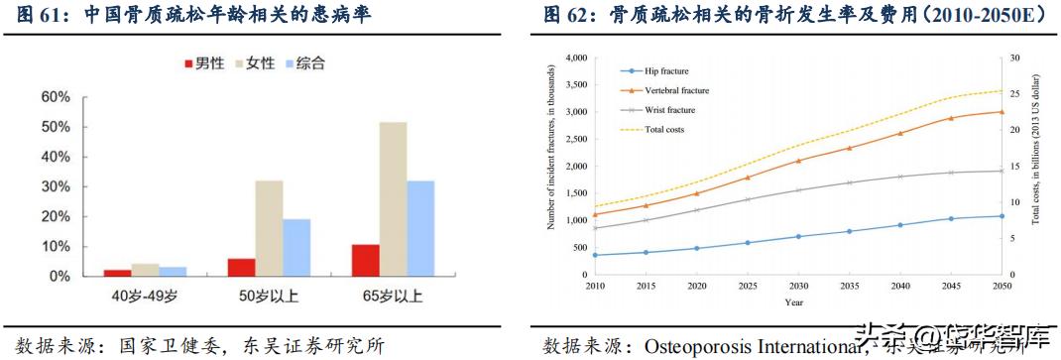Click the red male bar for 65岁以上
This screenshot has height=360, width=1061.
click(x=366, y=260)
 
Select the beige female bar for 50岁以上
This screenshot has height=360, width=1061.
click(x=269, y=228)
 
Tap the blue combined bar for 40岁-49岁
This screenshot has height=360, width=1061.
click(x=173, y=271)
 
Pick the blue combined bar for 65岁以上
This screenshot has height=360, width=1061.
click(x=420, y=228)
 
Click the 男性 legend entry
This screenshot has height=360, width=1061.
click(x=202, y=63)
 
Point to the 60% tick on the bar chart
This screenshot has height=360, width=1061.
click(x=56, y=97)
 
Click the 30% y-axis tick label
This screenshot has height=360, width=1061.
click(x=56, y=186)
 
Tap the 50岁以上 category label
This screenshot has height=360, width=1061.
click(x=270, y=296)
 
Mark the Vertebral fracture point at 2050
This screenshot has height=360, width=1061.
click(x=1001, y=111)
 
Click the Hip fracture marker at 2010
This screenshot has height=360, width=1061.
click(x=595, y=255)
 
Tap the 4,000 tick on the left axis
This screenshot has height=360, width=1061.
click(x=575, y=58)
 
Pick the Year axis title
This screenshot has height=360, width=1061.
click(x=794, y=301)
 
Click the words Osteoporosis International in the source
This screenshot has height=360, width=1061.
click(x=750, y=346)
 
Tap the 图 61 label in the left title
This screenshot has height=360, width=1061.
click(x=30, y=16)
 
